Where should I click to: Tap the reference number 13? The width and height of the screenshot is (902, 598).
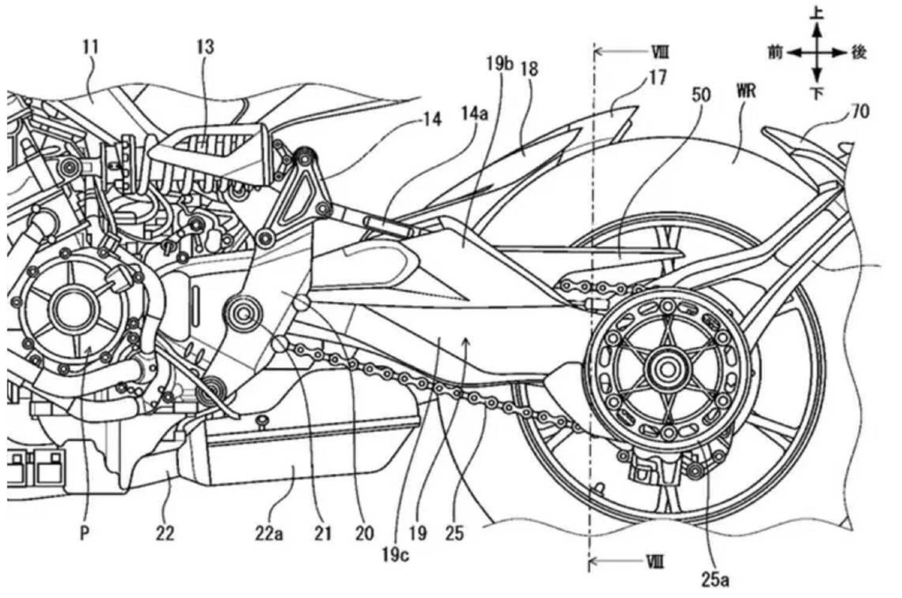point(204,47)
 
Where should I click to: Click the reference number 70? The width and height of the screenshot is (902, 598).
point(860,113)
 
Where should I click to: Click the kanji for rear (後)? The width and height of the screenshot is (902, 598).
point(860,52)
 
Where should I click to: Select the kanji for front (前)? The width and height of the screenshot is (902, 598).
point(776,52)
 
